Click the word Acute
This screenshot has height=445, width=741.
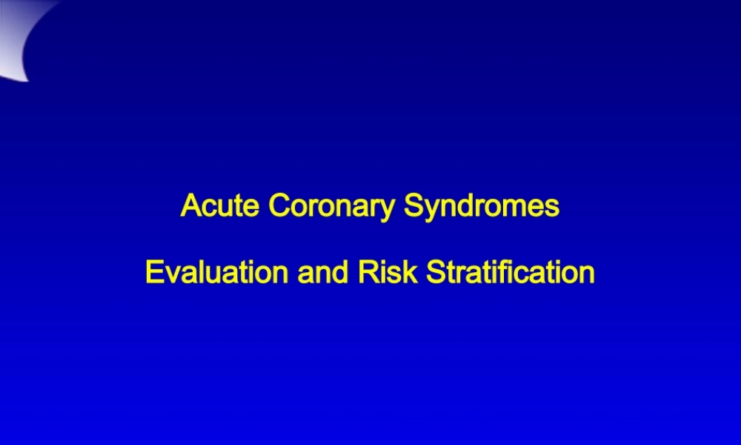[220, 205]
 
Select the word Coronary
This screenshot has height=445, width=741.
[331, 207]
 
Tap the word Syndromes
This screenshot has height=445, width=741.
[482, 207]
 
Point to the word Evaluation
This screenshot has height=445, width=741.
[217, 272]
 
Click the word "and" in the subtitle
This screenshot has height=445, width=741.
[323, 272]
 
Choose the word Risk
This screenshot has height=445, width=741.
[388, 272]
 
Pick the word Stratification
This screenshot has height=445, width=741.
[511, 272]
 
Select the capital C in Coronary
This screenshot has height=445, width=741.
[279, 205]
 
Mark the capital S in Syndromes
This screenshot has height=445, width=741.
[414, 205]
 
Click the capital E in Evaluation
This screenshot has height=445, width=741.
[155, 272]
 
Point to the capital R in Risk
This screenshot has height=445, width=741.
[369, 272]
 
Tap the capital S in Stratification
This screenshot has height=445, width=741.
[436, 272]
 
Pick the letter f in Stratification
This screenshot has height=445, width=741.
[516, 272]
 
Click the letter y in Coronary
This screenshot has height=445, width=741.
[387, 211]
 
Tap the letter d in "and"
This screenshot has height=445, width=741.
[341, 272]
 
